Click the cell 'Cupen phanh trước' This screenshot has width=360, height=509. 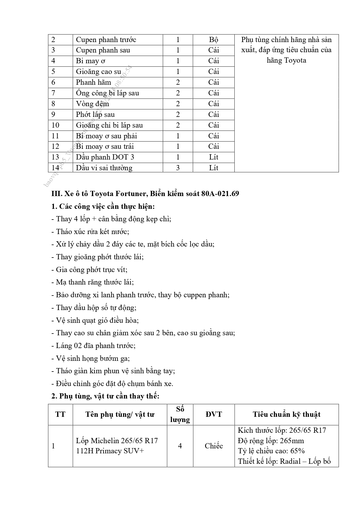106,40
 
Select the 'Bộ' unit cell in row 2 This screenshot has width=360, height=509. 214,40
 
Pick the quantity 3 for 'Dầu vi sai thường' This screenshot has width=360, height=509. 178,168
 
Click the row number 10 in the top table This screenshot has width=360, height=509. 55,125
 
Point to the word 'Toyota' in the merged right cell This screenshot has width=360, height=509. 295,61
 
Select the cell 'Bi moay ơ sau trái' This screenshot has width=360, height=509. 105,146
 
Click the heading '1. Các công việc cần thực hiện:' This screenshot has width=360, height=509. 103,207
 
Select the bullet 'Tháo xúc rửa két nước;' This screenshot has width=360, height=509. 90,231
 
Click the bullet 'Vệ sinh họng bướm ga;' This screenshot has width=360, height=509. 91,358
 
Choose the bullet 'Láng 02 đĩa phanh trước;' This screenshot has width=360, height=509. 93,346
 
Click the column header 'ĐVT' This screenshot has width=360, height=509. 214,414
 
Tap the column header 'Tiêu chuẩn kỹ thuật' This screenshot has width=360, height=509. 286,414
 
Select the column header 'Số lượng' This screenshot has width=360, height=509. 180,414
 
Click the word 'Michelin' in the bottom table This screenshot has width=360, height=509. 104,441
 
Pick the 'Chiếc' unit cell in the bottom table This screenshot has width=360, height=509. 214,446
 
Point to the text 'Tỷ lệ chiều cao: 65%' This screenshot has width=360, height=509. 271,451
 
